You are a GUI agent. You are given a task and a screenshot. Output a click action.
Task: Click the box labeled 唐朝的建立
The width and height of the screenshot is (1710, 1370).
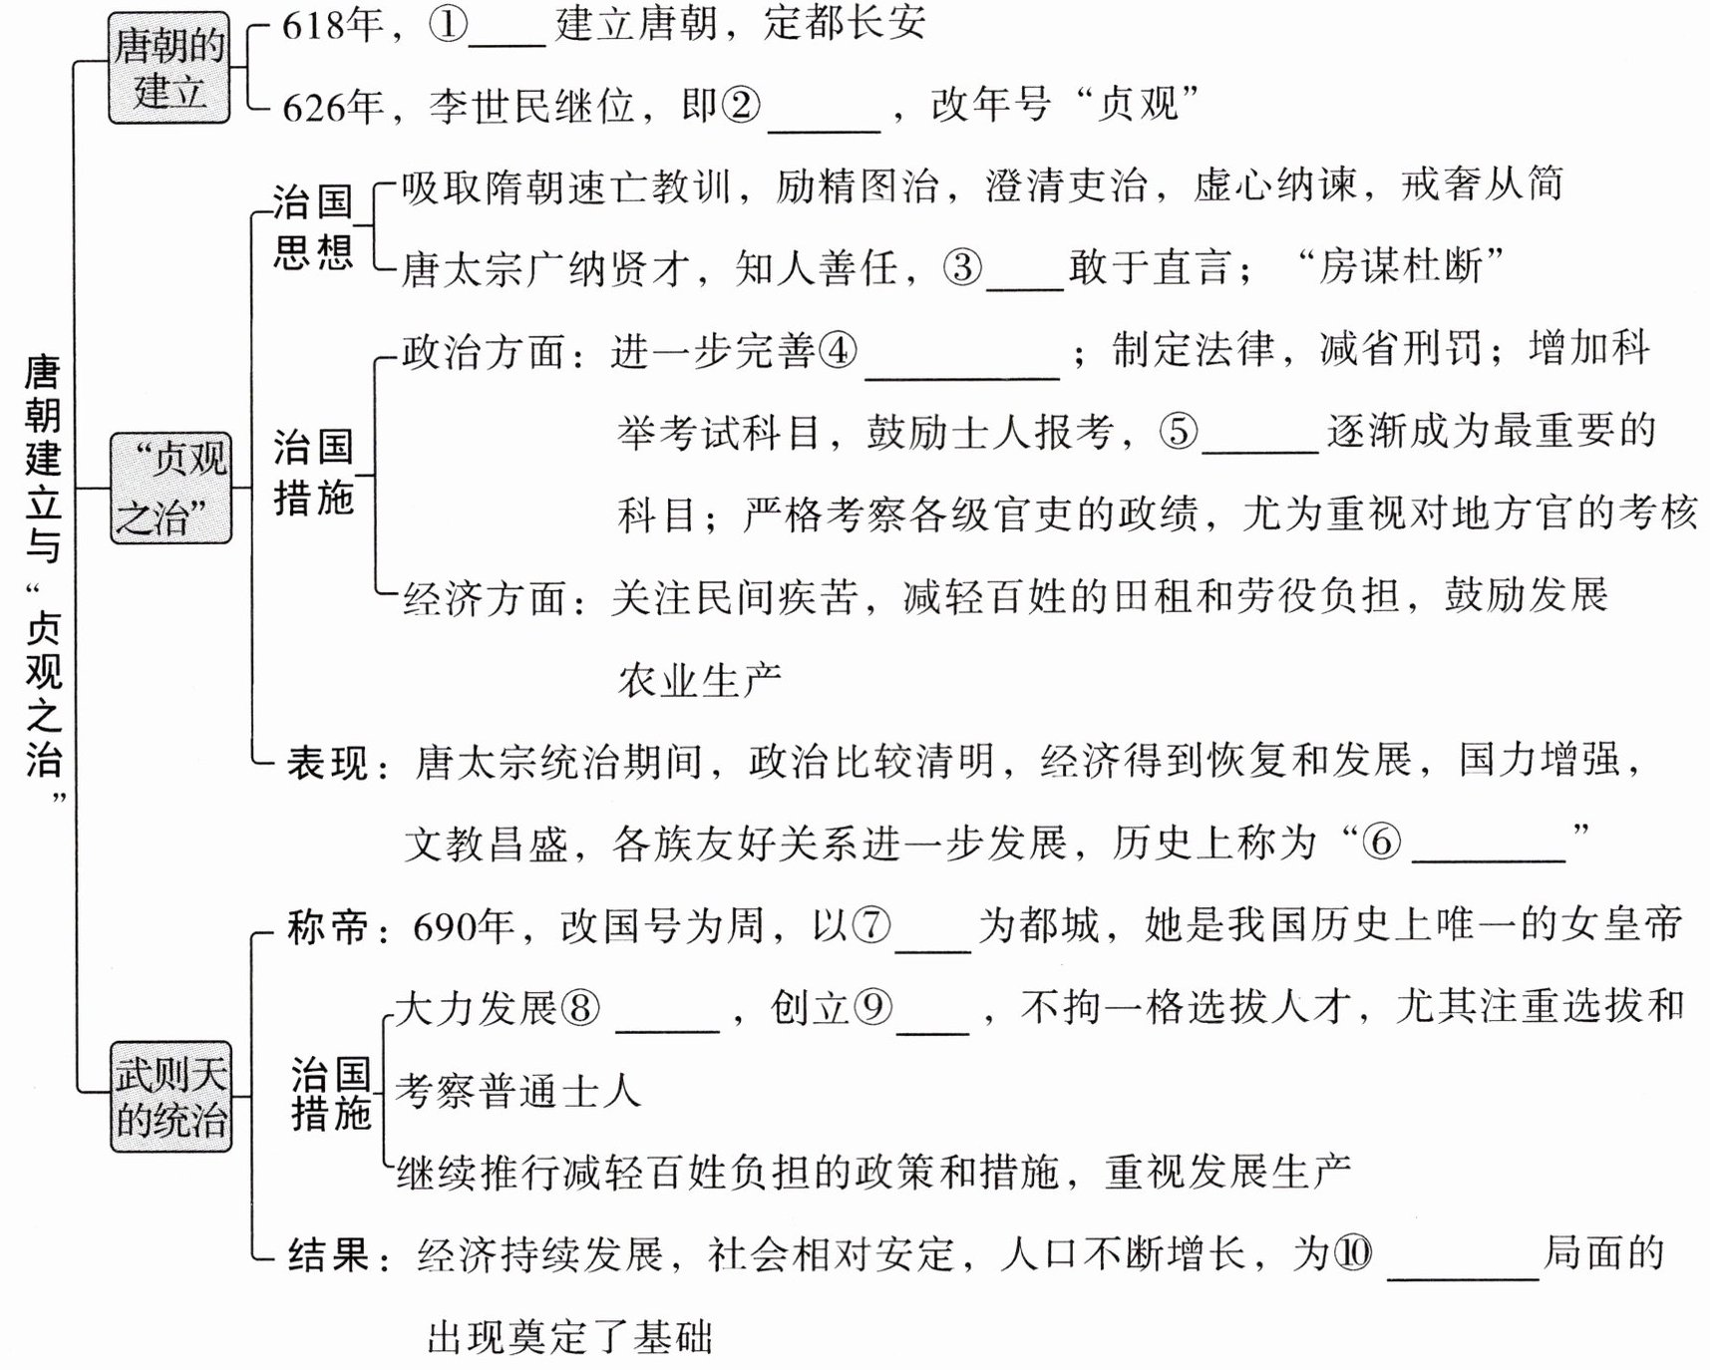point(169,69)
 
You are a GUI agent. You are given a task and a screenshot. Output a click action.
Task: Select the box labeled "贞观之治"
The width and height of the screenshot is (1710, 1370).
point(171,489)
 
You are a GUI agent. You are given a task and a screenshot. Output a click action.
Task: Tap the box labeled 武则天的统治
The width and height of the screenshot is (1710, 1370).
point(171,1097)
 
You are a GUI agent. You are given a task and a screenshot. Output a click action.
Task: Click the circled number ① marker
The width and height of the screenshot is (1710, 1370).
point(448,24)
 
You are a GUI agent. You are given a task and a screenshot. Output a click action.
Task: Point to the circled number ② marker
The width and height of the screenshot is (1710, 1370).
point(740,105)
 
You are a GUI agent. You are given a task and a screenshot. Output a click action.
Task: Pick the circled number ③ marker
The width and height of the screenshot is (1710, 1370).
point(962,267)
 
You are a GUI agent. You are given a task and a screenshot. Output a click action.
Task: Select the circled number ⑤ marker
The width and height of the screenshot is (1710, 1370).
point(1178,432)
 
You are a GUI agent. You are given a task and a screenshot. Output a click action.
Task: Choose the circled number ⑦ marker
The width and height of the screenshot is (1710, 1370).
point(870,926)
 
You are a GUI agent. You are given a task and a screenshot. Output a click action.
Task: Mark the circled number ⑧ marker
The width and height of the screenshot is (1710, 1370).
point(581,1009)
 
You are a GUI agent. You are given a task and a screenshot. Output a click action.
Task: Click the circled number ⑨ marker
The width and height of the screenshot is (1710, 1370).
point(872,1009)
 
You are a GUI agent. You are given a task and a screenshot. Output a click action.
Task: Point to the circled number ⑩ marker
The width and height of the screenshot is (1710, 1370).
point(1353,1253)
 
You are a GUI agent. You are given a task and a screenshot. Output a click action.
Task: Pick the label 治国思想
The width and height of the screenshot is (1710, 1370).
point(313,227)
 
